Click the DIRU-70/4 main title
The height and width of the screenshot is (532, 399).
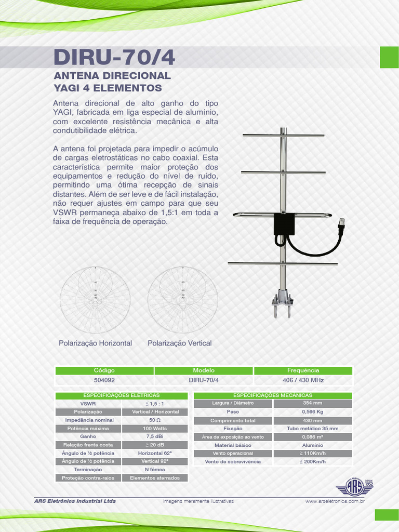pos(114,58)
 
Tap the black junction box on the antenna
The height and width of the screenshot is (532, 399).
pos(284,224)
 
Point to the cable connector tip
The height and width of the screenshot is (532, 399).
pos(341,224)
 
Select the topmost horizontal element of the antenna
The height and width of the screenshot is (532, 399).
pos(283,136)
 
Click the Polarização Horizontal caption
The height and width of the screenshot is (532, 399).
pos(95,343)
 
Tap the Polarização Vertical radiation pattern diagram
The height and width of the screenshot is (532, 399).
pos(182,300)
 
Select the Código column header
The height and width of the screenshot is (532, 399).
pos(104,370)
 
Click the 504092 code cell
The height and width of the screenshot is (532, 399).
pos(104,380)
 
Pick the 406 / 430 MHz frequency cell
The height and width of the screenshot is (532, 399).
pos(303,380)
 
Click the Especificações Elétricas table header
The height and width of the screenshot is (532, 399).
pos(122,395)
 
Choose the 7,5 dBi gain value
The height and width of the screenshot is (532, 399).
pos(155,436)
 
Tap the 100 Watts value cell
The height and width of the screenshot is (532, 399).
pos(155,428)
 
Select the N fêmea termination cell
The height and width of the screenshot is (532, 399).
pos(155,469)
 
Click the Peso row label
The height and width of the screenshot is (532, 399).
pos(233,411)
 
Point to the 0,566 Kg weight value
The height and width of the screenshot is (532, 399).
pos(312,411)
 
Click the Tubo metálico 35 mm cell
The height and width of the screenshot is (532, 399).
pos(312,429)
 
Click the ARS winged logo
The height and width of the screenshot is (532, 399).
pos(355,487)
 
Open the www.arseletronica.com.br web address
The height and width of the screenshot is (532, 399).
pos(335,501)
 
